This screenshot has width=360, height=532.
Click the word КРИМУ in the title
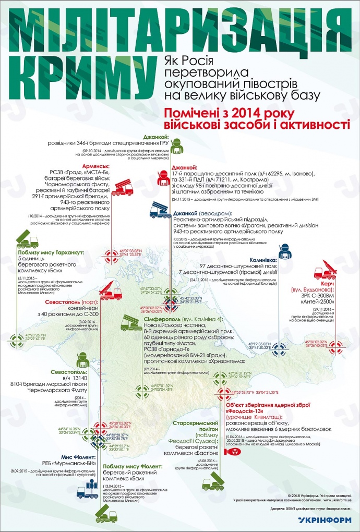(x=78, y=73)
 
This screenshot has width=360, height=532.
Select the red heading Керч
(x=327, y=283)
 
